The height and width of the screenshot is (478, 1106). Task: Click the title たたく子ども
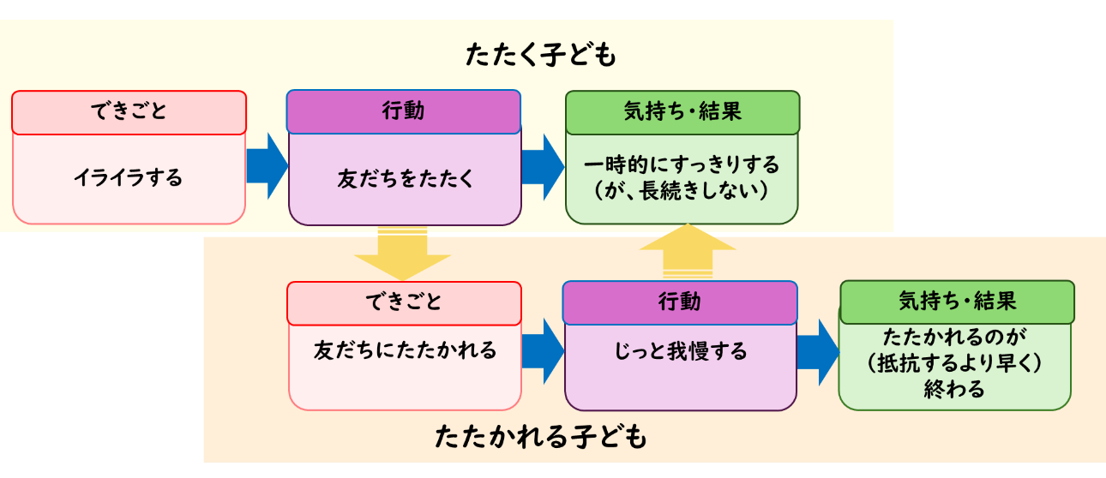(540, 56)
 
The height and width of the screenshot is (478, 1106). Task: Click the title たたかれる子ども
(540, 437)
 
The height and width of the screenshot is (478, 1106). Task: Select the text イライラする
(129, 178)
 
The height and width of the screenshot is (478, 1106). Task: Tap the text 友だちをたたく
(405, 179)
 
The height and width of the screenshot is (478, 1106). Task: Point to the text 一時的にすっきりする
(682, 164)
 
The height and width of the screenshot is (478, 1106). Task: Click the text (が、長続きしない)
(682, 190)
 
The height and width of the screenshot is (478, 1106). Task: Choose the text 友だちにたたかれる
(405, 350)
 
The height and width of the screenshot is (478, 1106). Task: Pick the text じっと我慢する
(680, 350)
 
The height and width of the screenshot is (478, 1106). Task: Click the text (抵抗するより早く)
(954, 362)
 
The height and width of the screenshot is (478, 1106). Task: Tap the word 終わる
(954, 388)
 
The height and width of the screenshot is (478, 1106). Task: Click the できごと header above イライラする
(129, 111)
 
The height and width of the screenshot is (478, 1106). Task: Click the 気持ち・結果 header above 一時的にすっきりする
(682, 111)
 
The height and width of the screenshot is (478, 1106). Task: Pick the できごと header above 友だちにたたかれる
(404, 302)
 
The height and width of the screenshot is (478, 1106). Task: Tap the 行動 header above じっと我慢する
(680, 302)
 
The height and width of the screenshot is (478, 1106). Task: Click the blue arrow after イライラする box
(267, 166)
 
